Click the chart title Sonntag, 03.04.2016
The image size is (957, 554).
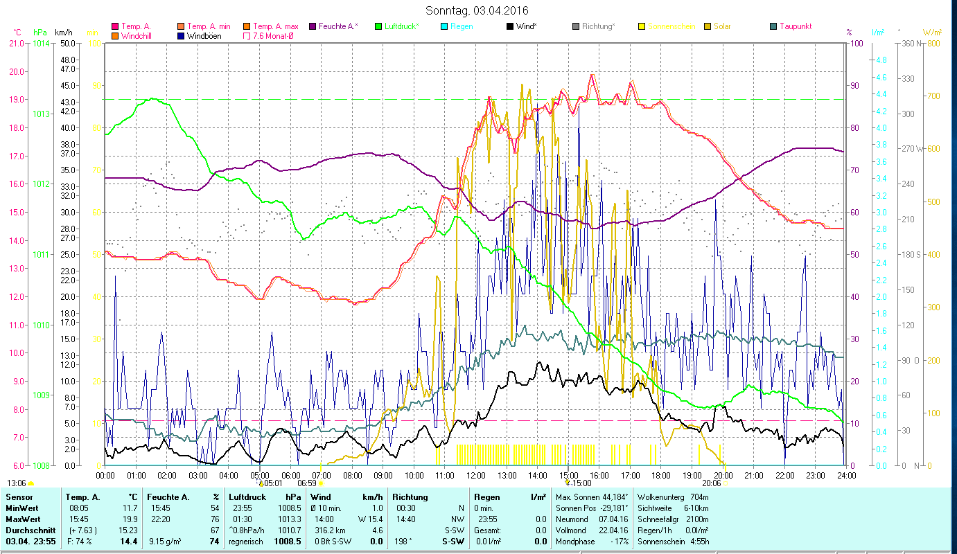pyautogui.click(x=478, y=10)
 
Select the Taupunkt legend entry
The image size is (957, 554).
pyautogui.click(x=795, y=26)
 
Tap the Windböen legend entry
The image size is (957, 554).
pyautogui.click(x=204, y=36)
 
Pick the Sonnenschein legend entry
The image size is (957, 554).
pyautogui.click(x=671, y=26)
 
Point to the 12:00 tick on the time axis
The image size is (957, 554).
pyautogui.click(x=475, y=475)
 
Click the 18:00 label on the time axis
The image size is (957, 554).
pyautogui.click(x=661, y=475)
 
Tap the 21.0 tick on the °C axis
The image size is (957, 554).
pyautogui.click(x=16, y=43)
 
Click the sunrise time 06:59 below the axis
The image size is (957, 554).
pyautogui.click(x=306, y=483)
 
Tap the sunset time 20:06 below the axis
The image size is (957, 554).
pyautogui.click(x=712, y=483)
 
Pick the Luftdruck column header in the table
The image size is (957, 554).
pyautogui.click(x=248, y=497)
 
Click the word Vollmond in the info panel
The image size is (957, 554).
pyautogui.click(x=571, y=530)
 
